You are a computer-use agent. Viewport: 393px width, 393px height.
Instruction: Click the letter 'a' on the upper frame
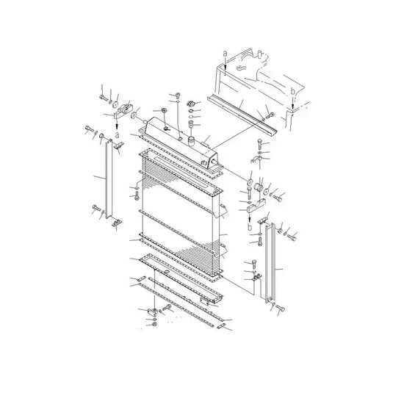click(224, 54)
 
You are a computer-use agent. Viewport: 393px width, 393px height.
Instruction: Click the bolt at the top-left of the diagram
click(101, 92)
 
